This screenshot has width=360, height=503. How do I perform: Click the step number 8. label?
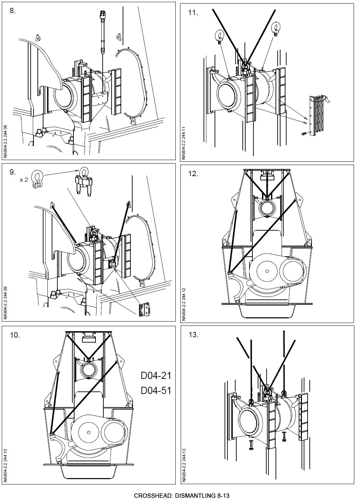pos(12,11)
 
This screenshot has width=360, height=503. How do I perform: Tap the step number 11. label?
pos(193,12)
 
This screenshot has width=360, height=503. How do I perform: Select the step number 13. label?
pos(193,335)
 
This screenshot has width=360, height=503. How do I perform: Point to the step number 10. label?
pos(15,335)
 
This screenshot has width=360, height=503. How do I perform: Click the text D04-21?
pos(156,375)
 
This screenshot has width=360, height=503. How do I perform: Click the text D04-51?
pos(156,390)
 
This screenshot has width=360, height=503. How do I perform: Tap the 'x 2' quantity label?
pos(24,180)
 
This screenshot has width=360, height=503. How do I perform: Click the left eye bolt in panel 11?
pos(219,36)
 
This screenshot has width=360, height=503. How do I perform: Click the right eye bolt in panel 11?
pos(277,29)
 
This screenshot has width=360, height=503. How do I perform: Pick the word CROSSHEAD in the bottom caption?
pos(152,496)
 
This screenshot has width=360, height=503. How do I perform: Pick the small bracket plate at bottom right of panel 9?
pos(144,309)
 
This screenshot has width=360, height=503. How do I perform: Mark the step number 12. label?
pos(193,174)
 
